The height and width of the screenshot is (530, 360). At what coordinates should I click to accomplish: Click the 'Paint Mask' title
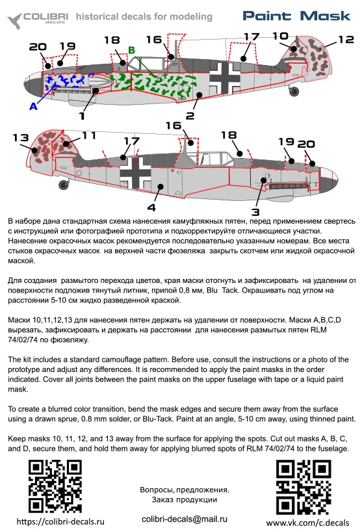point(296,16)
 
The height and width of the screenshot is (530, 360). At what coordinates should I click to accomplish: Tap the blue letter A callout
point(33,107)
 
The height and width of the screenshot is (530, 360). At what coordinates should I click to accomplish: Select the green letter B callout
point(132,50)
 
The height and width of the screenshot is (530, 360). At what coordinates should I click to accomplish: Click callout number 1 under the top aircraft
point(82,116)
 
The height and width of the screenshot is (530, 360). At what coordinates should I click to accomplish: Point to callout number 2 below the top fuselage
point(190,116)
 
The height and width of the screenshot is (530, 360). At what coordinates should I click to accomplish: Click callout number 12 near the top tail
point(346,40)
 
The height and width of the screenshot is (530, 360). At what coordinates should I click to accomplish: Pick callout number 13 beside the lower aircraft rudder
point(21,138)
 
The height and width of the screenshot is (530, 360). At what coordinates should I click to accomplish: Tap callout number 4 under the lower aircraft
point(151,207)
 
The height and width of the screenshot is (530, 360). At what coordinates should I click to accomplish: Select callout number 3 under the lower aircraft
point(255,212)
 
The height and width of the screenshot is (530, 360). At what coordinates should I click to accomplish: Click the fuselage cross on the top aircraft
point(225,78)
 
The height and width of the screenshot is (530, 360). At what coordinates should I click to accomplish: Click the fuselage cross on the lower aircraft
point(135,173)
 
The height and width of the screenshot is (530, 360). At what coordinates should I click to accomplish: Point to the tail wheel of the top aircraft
point(294,90)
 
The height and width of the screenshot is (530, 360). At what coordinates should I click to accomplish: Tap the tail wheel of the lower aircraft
point(63,185)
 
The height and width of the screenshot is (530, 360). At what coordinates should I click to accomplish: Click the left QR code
point(55,486)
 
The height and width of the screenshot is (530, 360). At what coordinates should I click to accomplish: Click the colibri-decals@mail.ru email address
point(185,519)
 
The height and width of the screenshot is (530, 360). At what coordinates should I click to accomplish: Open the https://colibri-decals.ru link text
point(60,522)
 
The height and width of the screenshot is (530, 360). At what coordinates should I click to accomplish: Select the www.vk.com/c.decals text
point(307,523)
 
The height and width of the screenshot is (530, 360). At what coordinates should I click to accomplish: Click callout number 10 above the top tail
point(280,36)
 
